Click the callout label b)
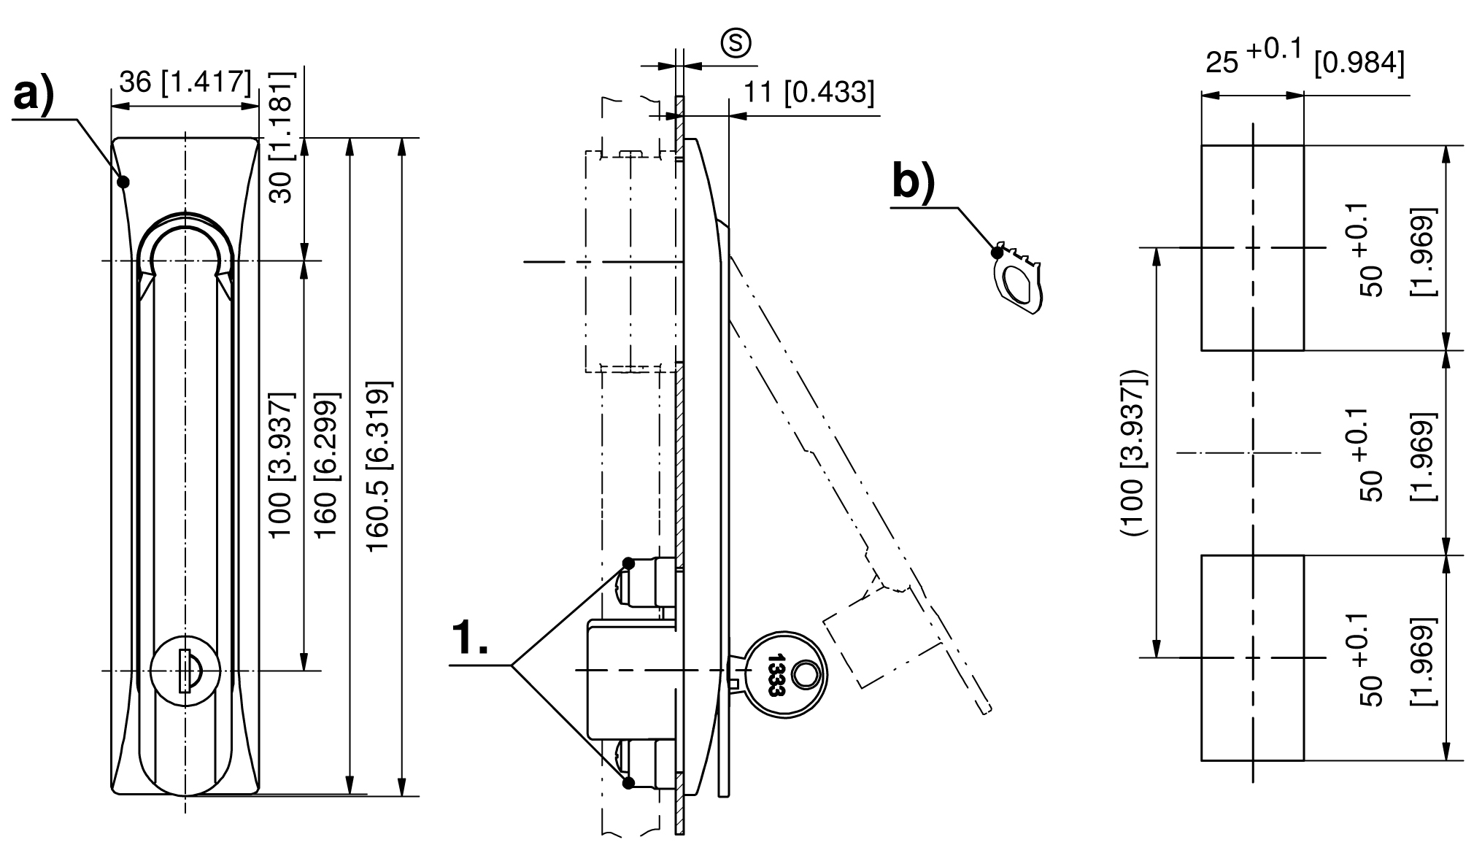[913, 182]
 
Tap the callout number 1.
[470, 638]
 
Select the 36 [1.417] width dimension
[185, 82]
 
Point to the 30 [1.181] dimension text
[281, 137]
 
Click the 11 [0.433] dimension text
[808, 93]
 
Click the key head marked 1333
[785, 673]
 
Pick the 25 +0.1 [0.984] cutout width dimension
[1303, 61]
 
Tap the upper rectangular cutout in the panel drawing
[1252, 247]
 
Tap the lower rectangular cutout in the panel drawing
[1252, 657]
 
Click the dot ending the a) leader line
[124, 181]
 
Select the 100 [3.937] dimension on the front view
[282, 466]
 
